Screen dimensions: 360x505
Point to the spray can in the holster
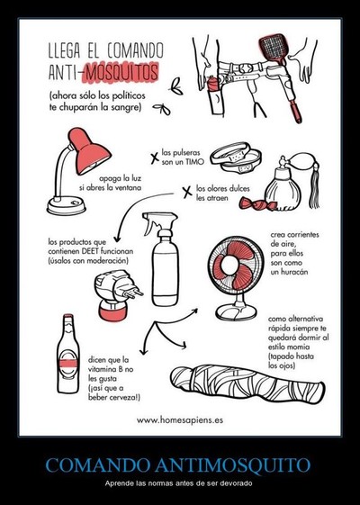coord(214,95)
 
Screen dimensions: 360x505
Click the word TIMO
coord(195,162)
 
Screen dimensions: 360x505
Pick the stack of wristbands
coord(236,158)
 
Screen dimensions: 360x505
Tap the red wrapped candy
coord(255,203)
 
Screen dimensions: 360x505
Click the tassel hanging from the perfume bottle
coord(315,188)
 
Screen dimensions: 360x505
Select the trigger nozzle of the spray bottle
coord(159,221)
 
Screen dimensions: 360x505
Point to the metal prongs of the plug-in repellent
coord(135,293)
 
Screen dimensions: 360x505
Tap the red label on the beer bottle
coord(68,364)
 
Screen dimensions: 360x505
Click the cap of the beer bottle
coord(67,317)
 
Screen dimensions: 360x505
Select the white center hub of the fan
coord(229,265)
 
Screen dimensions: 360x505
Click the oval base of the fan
coord(236,312)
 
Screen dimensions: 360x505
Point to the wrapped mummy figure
coord(247,383)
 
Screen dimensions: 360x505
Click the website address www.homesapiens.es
coord(180,420)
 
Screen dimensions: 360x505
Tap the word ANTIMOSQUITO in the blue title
coord(232,464)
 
